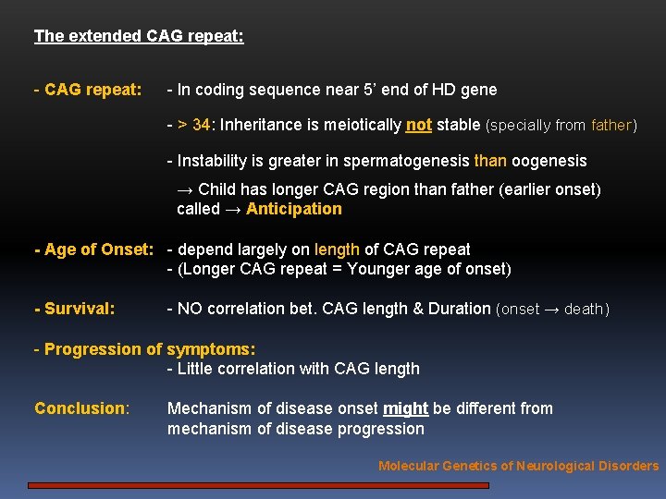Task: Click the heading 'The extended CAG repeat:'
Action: (x=139, y=37)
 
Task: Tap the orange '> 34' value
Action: (x=193, y=125)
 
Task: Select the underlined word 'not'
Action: (x=419, y=125)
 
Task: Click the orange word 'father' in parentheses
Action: (x=610, y=125)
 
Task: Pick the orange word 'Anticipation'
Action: (x=294, y=209)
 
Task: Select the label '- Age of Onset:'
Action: (x=92, y=249)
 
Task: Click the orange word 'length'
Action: (x=338, y=249)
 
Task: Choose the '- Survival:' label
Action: (x=74, y=309)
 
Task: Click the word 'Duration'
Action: (x=460, y=309)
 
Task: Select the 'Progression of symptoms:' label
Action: (x=149, y=349)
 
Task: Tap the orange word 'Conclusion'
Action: (x=80, y=408)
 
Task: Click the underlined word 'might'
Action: (x=405, y=408)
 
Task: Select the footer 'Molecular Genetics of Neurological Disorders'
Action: (x=518, y=466)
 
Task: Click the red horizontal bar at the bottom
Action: (x=258, y=484)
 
